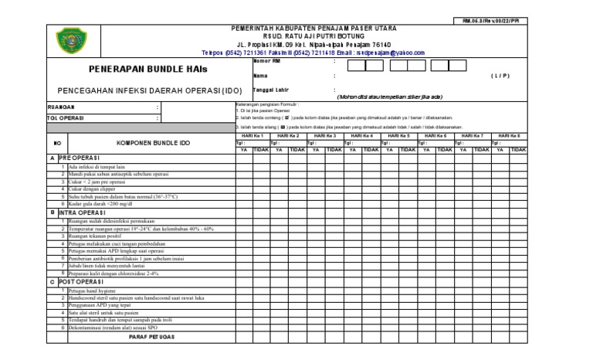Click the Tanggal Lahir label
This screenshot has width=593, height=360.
270,90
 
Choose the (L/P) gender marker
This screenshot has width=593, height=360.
497,76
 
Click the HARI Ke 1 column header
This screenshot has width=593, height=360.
253,136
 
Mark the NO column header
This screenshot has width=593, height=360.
57,144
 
